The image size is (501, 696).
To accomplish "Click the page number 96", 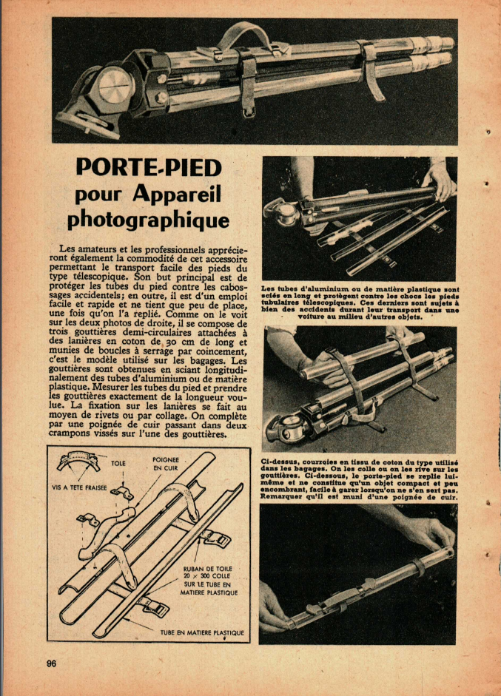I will pos(51,663).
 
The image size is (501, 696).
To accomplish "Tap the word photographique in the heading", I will pos(148,220).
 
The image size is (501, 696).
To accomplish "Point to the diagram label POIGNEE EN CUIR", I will pos(165,464).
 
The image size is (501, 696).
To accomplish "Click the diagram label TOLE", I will pos(118,464).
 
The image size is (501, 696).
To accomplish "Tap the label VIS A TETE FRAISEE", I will pos(80,487).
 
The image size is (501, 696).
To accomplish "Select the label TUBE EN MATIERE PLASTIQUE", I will pos(202,633).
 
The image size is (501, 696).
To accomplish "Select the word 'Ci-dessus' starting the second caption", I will pos(278,461).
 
